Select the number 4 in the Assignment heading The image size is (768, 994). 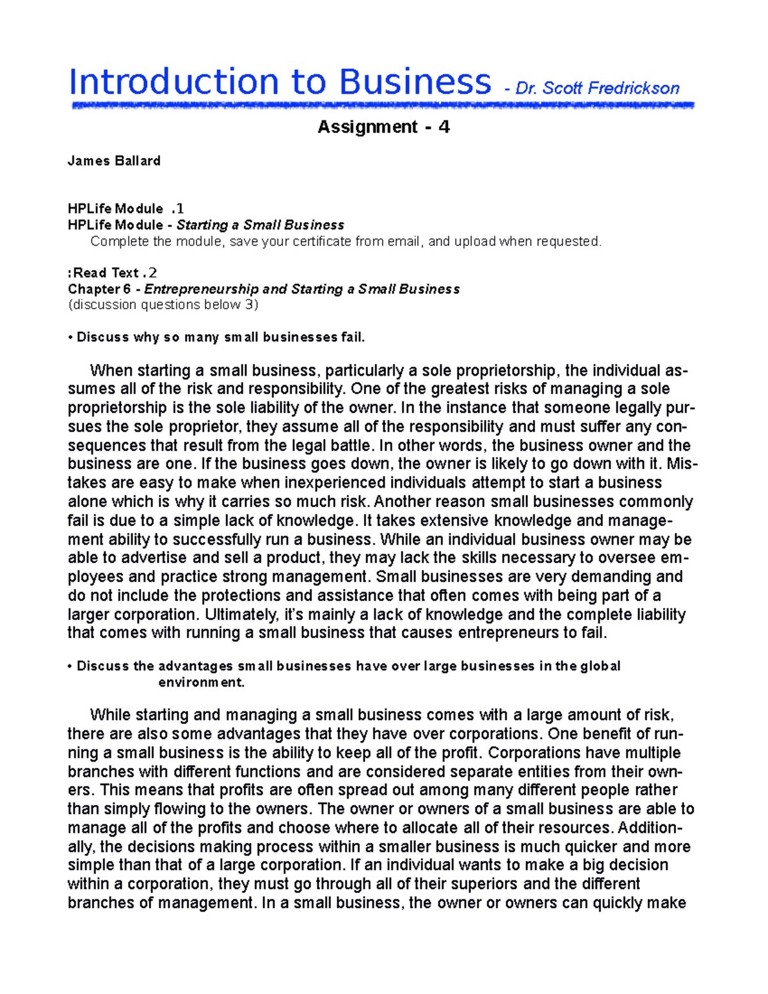[444, 127]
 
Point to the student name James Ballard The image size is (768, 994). [114, 161]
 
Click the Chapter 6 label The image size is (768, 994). [99, 289]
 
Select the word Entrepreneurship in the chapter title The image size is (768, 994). [202, 289]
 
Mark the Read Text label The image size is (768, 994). [106, 273]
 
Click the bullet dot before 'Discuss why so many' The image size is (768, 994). [70, 337]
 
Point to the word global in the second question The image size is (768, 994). [600, 666]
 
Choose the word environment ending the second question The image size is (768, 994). [201, 682]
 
